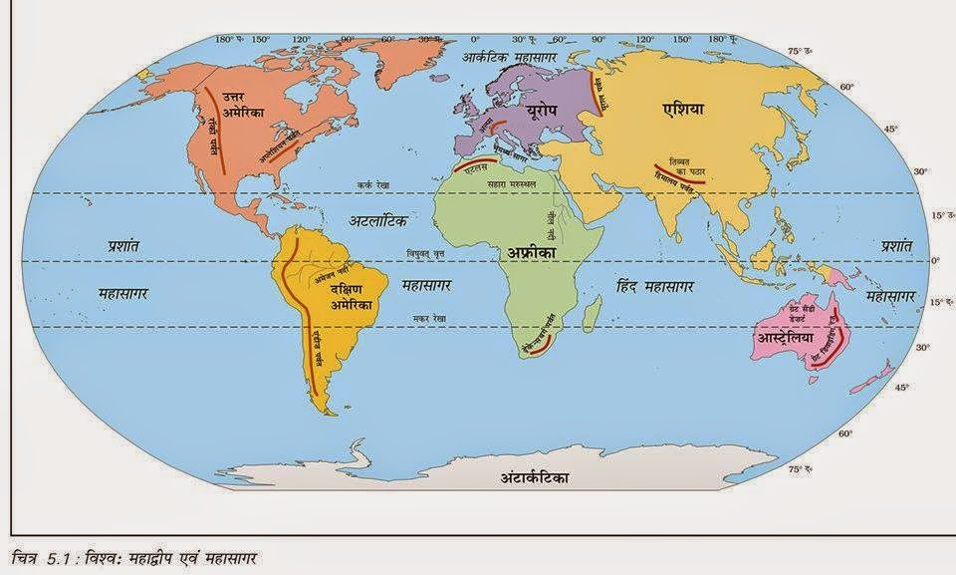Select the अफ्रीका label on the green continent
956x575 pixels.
[533, 254]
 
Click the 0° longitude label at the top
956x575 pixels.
[474, 39]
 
